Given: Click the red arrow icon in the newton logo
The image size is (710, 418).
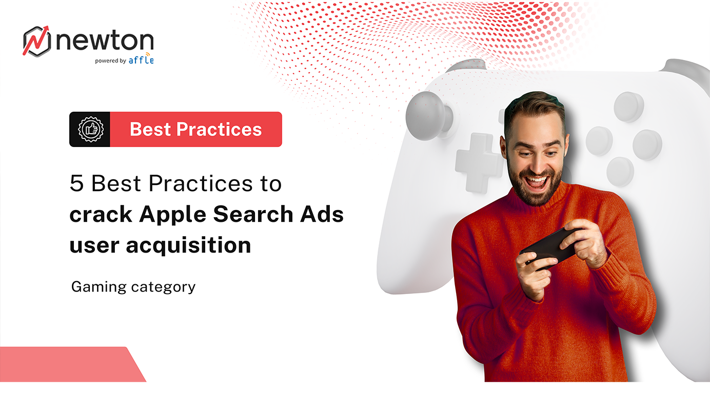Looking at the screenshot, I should [x=37, y=40].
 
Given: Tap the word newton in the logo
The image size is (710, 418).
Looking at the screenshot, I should [x=105, y=41].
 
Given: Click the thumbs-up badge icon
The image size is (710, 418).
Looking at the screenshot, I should [x=90, y=129].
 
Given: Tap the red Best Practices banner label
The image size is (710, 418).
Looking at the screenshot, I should [x=195, y=129].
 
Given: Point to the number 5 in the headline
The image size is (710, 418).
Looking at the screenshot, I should [x=76, y=184].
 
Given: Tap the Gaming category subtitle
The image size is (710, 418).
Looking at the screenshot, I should [x=133, y=286].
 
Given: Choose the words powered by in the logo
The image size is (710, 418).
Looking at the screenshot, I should [x=110, y=60].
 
